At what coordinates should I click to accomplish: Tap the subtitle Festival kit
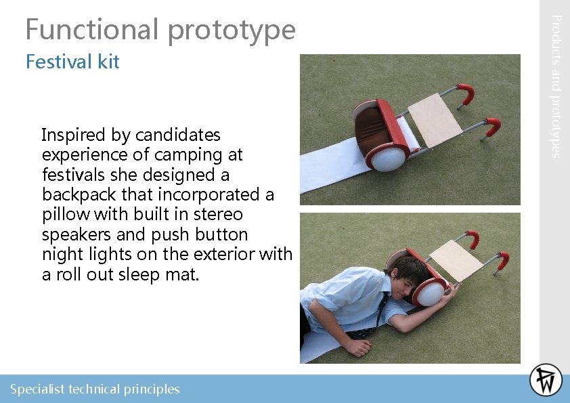[72, 62]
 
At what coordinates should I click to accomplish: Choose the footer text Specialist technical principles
[95, 389]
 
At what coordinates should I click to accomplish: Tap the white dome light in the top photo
[387, 158]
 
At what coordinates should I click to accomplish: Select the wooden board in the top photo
[434, 120]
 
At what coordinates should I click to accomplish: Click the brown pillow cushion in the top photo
[371, 128]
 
